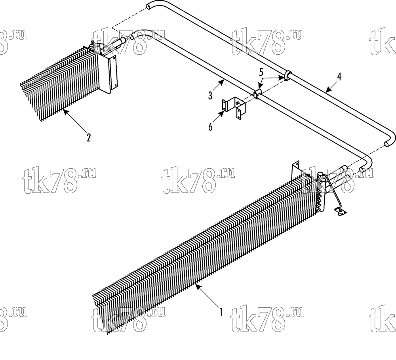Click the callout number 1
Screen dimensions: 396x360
[221, 312]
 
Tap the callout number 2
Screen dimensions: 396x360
[88, 138]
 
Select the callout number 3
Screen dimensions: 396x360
[210, 96]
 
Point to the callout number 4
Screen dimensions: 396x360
[339, 77]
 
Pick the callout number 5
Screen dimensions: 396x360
[261, 72]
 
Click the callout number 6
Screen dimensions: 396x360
[210, 127]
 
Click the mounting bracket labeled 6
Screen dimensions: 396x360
[234, 108]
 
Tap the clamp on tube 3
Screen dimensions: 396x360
[257, 93]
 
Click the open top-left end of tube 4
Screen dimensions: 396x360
[148, 6]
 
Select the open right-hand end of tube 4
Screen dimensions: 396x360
[386, 144]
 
